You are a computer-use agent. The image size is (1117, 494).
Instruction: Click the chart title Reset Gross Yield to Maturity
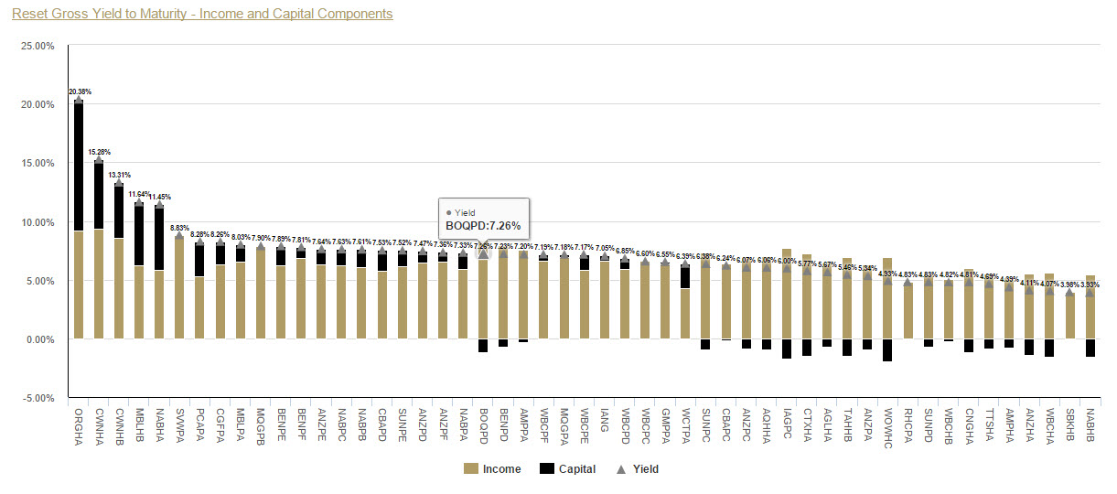(202, 14)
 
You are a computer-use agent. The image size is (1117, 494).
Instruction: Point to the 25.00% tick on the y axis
(38, 45)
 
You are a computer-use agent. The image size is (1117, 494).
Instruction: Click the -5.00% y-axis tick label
(38, 398)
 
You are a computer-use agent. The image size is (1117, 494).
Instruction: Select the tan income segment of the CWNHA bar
(99, 284)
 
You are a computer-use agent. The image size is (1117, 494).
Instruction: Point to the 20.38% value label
(80, 91)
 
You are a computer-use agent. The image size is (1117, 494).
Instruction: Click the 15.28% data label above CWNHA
(99, 152)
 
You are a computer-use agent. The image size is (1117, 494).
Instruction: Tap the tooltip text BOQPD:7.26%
(483, 225)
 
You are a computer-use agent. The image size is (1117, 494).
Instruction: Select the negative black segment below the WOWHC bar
(887, 349)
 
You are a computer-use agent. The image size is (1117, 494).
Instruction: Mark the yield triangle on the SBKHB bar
(1069, 293)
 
